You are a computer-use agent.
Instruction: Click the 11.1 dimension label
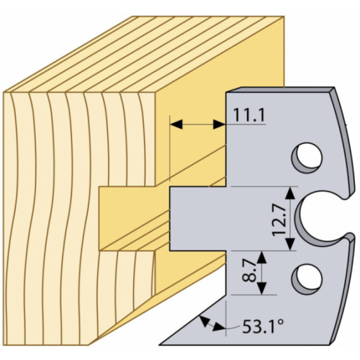[x=249, y=115]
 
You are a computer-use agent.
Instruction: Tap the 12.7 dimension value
[x=279, y=221]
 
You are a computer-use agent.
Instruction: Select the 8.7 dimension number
[x=249, y=270]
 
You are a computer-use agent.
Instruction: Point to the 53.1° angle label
[x=263, y=327]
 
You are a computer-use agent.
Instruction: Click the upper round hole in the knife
[x=307, y=158]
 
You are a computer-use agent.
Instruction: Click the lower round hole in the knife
[x=307, y=279]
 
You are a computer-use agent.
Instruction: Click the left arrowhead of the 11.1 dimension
[x=176, y=124]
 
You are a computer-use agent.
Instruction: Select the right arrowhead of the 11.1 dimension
[x=219, y=124]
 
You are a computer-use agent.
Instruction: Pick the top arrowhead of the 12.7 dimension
[x=291, y=193]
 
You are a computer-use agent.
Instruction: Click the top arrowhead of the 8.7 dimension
[x=261, y=257]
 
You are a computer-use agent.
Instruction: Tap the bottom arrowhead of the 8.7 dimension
[x=261, y=289]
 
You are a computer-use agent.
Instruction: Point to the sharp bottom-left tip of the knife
[x=160, y=345]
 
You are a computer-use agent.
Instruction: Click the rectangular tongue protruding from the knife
[x=198, y=219]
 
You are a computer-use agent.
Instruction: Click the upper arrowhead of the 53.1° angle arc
[x=203, y=321]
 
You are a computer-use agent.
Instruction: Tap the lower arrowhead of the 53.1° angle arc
[x=218, y=327]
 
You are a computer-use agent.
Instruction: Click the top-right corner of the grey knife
[x=333, y=88]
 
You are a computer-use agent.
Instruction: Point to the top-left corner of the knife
[x=226, y=92]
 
